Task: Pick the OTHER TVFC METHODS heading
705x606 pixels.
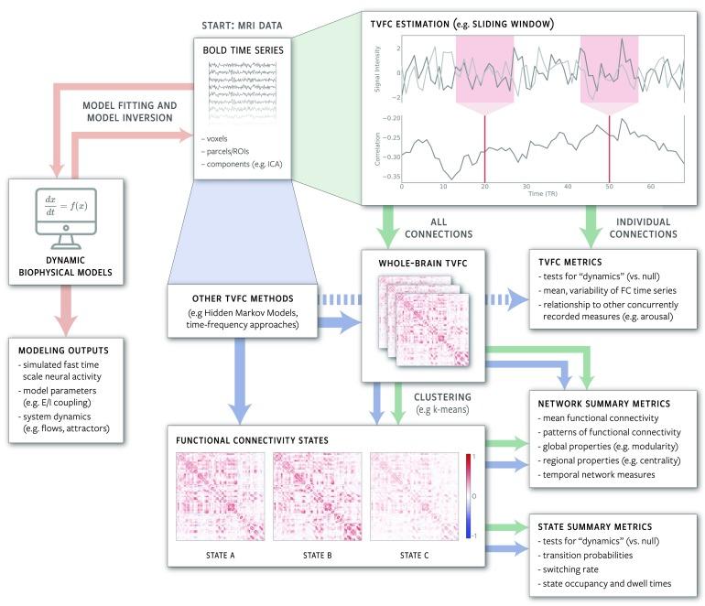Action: [241, 298]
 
